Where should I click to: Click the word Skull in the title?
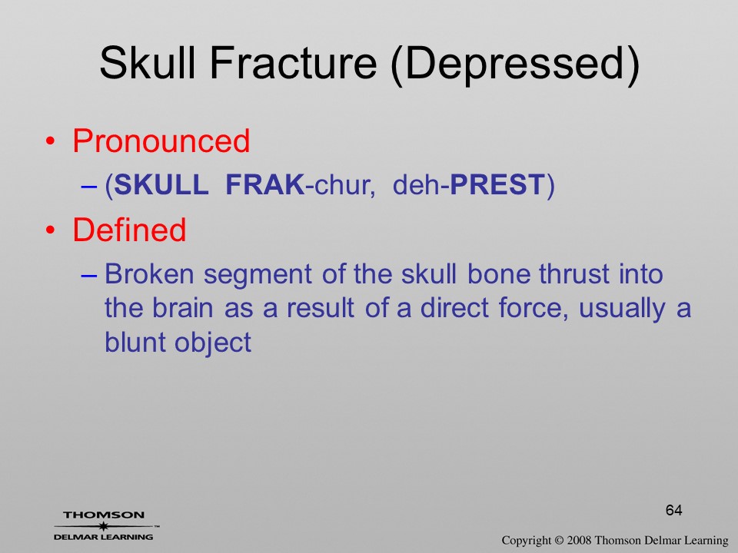(x=148, y=63)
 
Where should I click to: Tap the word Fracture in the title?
(x=293, y=63)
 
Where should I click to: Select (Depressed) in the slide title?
(x=515, y=65)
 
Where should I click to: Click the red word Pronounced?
(x=161, y=141)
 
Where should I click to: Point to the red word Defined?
(x=129, y=230)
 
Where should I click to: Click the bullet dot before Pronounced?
(x=51, y=141)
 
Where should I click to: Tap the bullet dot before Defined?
(x=51, y=230)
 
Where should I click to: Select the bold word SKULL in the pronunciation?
(x=161, y=184)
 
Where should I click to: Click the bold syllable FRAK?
(x=265, y=184)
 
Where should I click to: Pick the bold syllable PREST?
(x=497, y=184)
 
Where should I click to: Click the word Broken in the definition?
(x=149, y=273)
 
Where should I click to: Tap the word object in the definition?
(x=213, y=344)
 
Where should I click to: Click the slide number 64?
(x=673, y=510)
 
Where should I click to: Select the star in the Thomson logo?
(x=103, y=526)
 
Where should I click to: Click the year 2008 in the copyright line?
(x=580, y=540)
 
